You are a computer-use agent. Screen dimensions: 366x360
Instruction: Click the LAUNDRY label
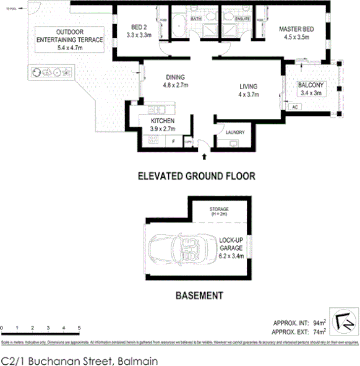click(236, 132)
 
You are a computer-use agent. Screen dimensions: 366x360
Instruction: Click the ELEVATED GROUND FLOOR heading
click(195, 176)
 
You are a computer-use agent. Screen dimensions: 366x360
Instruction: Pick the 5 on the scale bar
click(79, 327)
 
